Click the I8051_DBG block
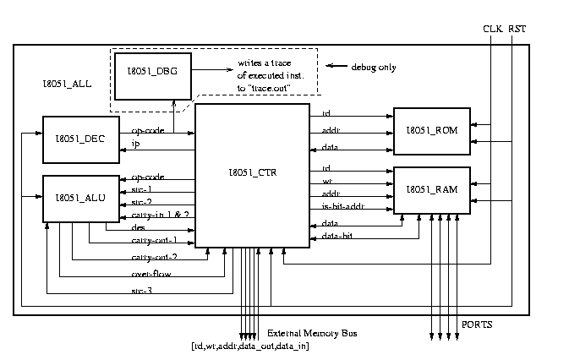tap(152, 75)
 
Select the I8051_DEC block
tap(74, 139)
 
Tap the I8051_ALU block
tap(74, 198)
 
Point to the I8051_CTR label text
tap(253, 173)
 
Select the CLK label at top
tap(492, 29)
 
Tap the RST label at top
tap(516, 29)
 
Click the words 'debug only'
tap(373, 67)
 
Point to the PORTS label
tap(477, 325)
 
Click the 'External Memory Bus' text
tap(312, 334)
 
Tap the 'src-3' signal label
tap(141, 290)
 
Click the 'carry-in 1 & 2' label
tap(159, 215)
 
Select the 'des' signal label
tap(138, 226)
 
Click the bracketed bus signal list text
tap(249, 346)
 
